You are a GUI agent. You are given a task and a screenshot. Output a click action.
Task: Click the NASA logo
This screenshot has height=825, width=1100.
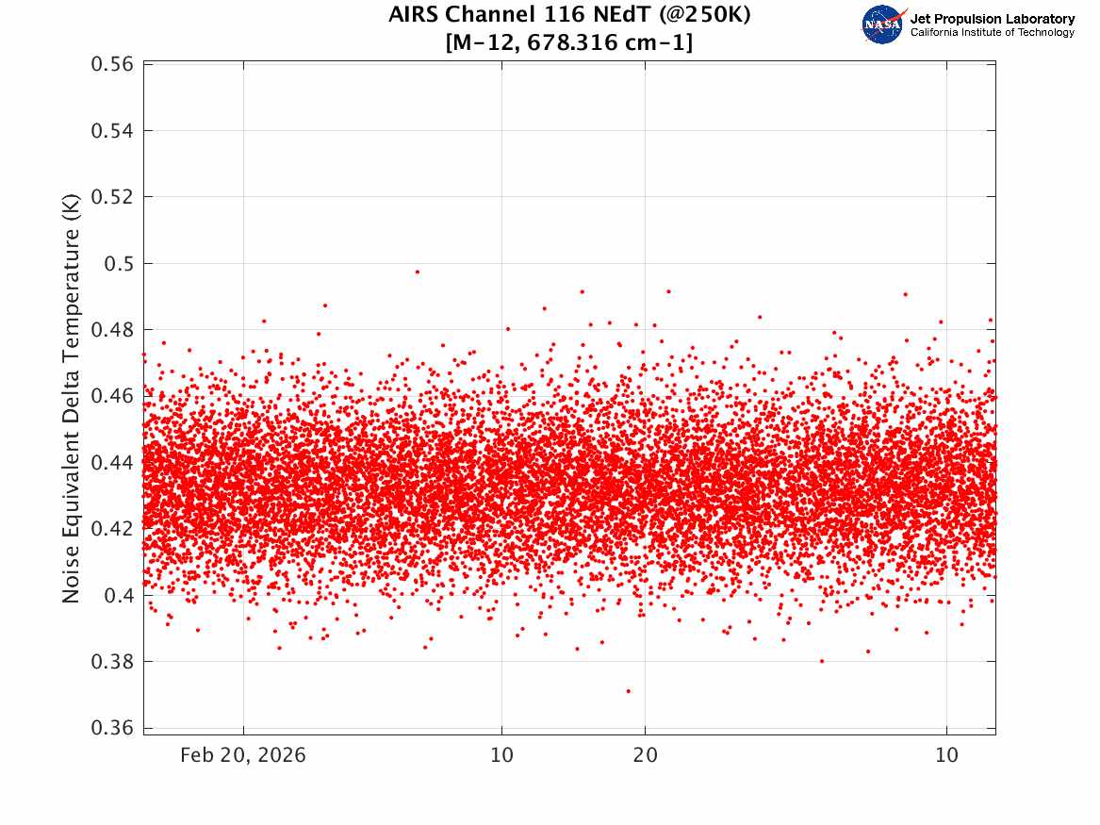pos(883,25)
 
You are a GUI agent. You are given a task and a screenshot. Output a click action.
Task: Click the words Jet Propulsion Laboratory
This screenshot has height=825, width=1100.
pos(992,19)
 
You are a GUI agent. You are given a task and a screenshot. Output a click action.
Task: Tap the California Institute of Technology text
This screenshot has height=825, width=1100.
pos(993,32)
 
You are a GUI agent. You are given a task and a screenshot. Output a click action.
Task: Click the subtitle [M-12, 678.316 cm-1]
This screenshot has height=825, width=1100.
pos(569,42)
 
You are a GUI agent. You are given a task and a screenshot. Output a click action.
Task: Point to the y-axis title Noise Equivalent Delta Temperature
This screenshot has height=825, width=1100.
pos(71,398)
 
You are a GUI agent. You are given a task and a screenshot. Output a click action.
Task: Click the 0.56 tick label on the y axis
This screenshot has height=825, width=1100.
pos(112,64)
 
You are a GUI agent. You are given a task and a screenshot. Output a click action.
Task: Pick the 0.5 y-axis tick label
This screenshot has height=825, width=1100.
pos(120,264)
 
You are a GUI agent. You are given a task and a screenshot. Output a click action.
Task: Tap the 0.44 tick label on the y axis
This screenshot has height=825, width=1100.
pos(112,462)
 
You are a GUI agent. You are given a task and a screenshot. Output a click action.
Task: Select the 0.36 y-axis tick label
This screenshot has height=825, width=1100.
pos(112,728)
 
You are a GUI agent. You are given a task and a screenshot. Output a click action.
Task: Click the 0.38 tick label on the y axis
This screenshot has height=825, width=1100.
pos(112,662)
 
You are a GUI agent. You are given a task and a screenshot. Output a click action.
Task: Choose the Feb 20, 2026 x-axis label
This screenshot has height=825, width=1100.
pos(243,755)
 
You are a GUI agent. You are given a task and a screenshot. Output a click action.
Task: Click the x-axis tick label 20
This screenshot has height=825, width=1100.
pos(646,755)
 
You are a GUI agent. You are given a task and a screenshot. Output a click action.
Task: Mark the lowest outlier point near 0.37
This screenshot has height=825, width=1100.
pos(629,691)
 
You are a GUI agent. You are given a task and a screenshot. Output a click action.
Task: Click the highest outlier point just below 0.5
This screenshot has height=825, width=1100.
pos(418,272)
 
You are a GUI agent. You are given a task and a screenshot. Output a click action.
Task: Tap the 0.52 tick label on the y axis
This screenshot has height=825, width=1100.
pos(112,197)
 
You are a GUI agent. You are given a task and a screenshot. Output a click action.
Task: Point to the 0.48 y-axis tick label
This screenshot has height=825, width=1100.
pos(112,330)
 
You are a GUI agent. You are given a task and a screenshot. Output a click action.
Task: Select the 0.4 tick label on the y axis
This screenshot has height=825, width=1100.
pos(120,595)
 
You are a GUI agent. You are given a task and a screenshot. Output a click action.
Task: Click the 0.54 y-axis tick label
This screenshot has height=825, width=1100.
pos(112,130)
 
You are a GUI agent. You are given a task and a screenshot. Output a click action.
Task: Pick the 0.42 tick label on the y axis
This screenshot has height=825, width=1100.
pos(112,528)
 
